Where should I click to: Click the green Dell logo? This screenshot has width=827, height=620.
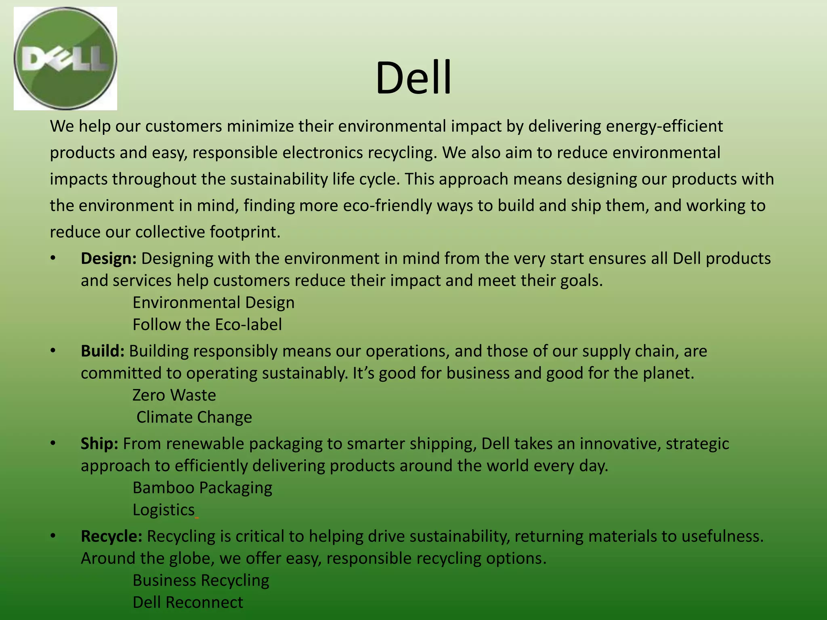(x=65, y=59)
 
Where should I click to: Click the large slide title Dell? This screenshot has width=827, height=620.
(x=413, y=77)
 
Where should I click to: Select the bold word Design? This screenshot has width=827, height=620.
(x=109, y=258)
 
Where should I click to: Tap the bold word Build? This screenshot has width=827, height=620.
(x=103, y=351)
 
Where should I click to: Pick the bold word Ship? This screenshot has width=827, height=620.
(x=99, y=443)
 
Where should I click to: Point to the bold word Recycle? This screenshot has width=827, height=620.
(x=111, y=536)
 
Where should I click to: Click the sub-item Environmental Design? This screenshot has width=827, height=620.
(x=213, y=302)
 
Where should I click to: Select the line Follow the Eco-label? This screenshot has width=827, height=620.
(x=207, y=325)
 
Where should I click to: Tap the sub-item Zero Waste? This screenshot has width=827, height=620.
(x=174, y=395)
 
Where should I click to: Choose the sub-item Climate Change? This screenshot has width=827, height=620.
(x=194, y=417)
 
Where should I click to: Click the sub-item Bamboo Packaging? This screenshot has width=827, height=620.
(x=202, y=488)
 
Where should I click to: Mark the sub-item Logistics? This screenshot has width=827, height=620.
(x=164, y=510)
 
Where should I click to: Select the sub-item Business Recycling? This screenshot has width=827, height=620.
(x=201, y=580)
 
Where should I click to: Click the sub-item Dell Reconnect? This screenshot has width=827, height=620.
(x=188, y=602)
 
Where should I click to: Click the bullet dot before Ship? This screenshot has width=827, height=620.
(x=52, y=444)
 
